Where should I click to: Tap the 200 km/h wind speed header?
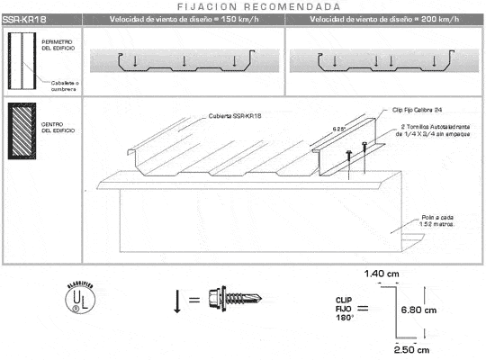[386, 19]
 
